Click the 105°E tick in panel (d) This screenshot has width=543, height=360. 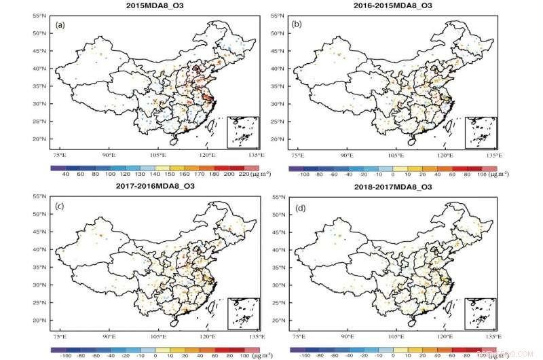pyautogui.click(x=396, y=336)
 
